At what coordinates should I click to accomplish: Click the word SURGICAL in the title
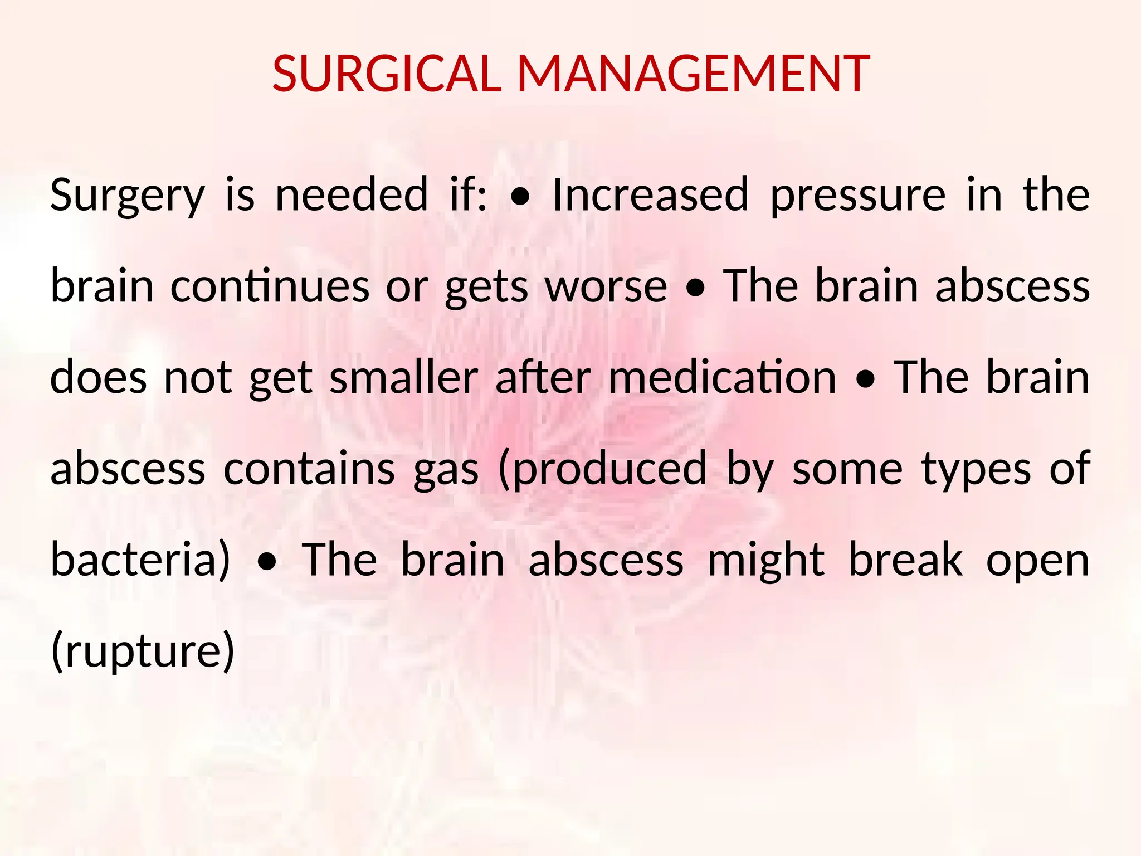click(387, 74)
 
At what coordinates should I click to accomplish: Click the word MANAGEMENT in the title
click(694, 74)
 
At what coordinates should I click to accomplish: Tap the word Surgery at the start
click(128, 196)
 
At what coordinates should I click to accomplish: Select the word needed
click(352, 194)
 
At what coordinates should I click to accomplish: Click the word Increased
click(650, 194)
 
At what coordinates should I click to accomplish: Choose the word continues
click(270, 286)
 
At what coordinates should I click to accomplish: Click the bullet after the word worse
click(695, 289)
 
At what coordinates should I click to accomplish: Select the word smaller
click(404, 377)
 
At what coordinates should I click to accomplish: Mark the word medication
click(723, 377)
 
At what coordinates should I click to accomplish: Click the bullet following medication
click(866, 380)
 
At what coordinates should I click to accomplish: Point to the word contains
click(309, 468)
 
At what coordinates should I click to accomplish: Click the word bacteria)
click(140, 560)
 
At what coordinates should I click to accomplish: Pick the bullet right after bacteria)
click(267, 562)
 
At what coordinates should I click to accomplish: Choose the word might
click(765, 561)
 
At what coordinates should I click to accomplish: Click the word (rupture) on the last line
click(143, 651)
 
